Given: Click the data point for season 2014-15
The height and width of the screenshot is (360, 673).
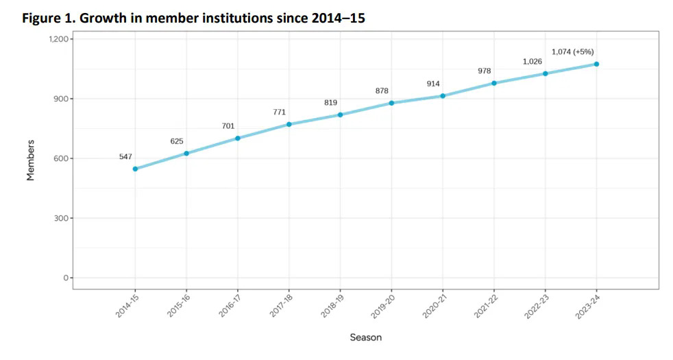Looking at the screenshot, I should pyautogui.click(x=135, y=169).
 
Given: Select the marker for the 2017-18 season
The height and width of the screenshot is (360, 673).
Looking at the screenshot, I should pyautogui.click(x=289, y=124).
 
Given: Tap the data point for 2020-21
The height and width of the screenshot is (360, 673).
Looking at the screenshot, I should pyautogui.click(x=443, y=96).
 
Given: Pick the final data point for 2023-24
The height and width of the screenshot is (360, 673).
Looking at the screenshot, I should pyautogui.click(x=596, y=64).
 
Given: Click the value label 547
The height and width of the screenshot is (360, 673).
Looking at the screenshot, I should pyautogui.click(x=125, y=157).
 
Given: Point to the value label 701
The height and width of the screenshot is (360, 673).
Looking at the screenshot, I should pyautogui.click(x=228, y=126).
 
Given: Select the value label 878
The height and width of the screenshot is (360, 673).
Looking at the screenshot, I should pyautogui.click(x=382, y=91).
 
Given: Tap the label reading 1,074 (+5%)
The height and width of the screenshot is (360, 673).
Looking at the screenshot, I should pyautogui.click(x=573, y=52).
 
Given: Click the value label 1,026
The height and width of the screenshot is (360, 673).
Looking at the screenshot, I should pyautogui.click(x=533, y=62).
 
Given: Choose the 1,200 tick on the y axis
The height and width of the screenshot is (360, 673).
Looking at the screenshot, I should pyautogui.click(x=59, y=39).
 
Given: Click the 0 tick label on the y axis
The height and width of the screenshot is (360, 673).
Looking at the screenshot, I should pyautogui.click(x=66, y=278).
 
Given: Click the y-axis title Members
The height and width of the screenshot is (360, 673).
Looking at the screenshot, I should pyautogui.click(x=31, y=160).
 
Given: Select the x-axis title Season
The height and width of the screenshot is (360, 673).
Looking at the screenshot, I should pyautogui.click(x=366, y=337).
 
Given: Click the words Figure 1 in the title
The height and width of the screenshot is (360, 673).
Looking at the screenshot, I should pyautogui.click(x=49, y=19).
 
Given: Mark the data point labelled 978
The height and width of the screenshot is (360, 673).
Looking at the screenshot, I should pyautogui.click(x=494, y=83).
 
